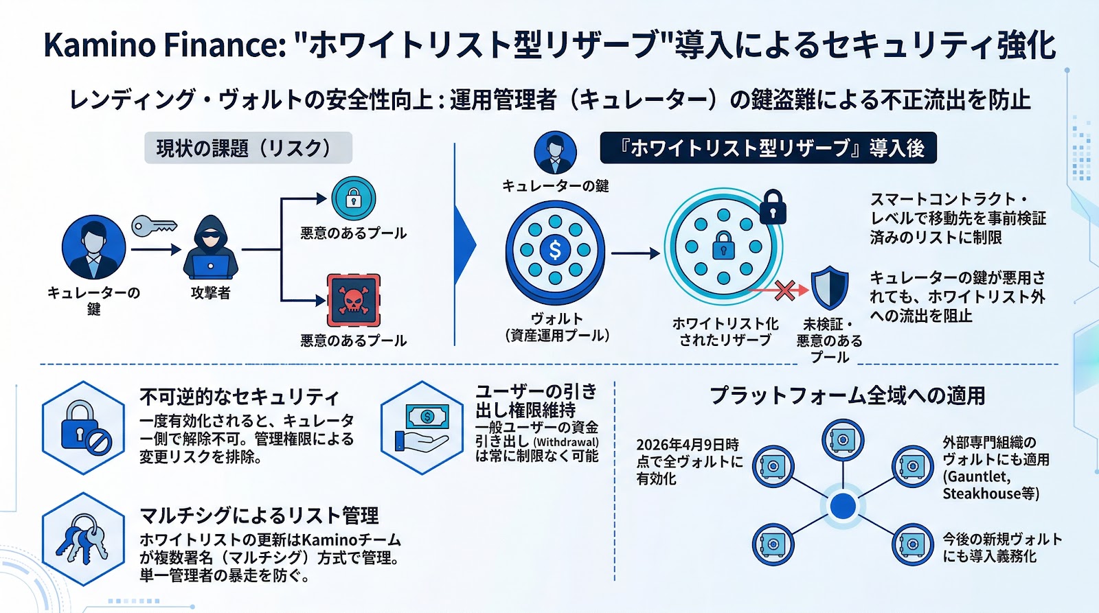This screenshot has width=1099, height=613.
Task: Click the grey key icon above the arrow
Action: tap(154, 226)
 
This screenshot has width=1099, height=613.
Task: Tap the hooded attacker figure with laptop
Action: tap(210, 248)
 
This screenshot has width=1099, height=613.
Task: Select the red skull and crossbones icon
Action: tap(354, 300)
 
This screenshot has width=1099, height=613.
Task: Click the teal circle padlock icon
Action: tap(353, 198)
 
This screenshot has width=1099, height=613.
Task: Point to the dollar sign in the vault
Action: tap(555, 250)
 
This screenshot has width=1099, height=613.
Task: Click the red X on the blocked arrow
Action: tap(784, 290)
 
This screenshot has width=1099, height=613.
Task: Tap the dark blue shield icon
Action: tap(829, 288)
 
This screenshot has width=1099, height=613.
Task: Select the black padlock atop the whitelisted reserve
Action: tap(773, 207)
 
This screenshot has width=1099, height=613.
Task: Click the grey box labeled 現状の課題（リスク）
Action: tap(248, 148)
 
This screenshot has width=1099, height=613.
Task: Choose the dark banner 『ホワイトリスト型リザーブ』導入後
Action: tap(768, 148)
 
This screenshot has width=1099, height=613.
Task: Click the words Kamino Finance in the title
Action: tap(164, 45)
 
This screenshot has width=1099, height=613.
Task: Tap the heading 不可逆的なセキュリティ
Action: tap(239, 397)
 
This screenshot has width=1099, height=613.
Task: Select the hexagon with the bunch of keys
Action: tap(83, 540)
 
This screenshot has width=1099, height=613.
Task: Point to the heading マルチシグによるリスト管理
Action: tap(259, 516)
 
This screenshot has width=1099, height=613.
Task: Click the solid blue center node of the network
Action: tap(842, 506)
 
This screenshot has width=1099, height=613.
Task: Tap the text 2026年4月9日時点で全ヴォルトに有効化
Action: tap(689, 461)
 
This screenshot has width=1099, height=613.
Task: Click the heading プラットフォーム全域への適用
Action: tap(847, 395)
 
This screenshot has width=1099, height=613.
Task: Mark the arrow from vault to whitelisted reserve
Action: tap(635, 253)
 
